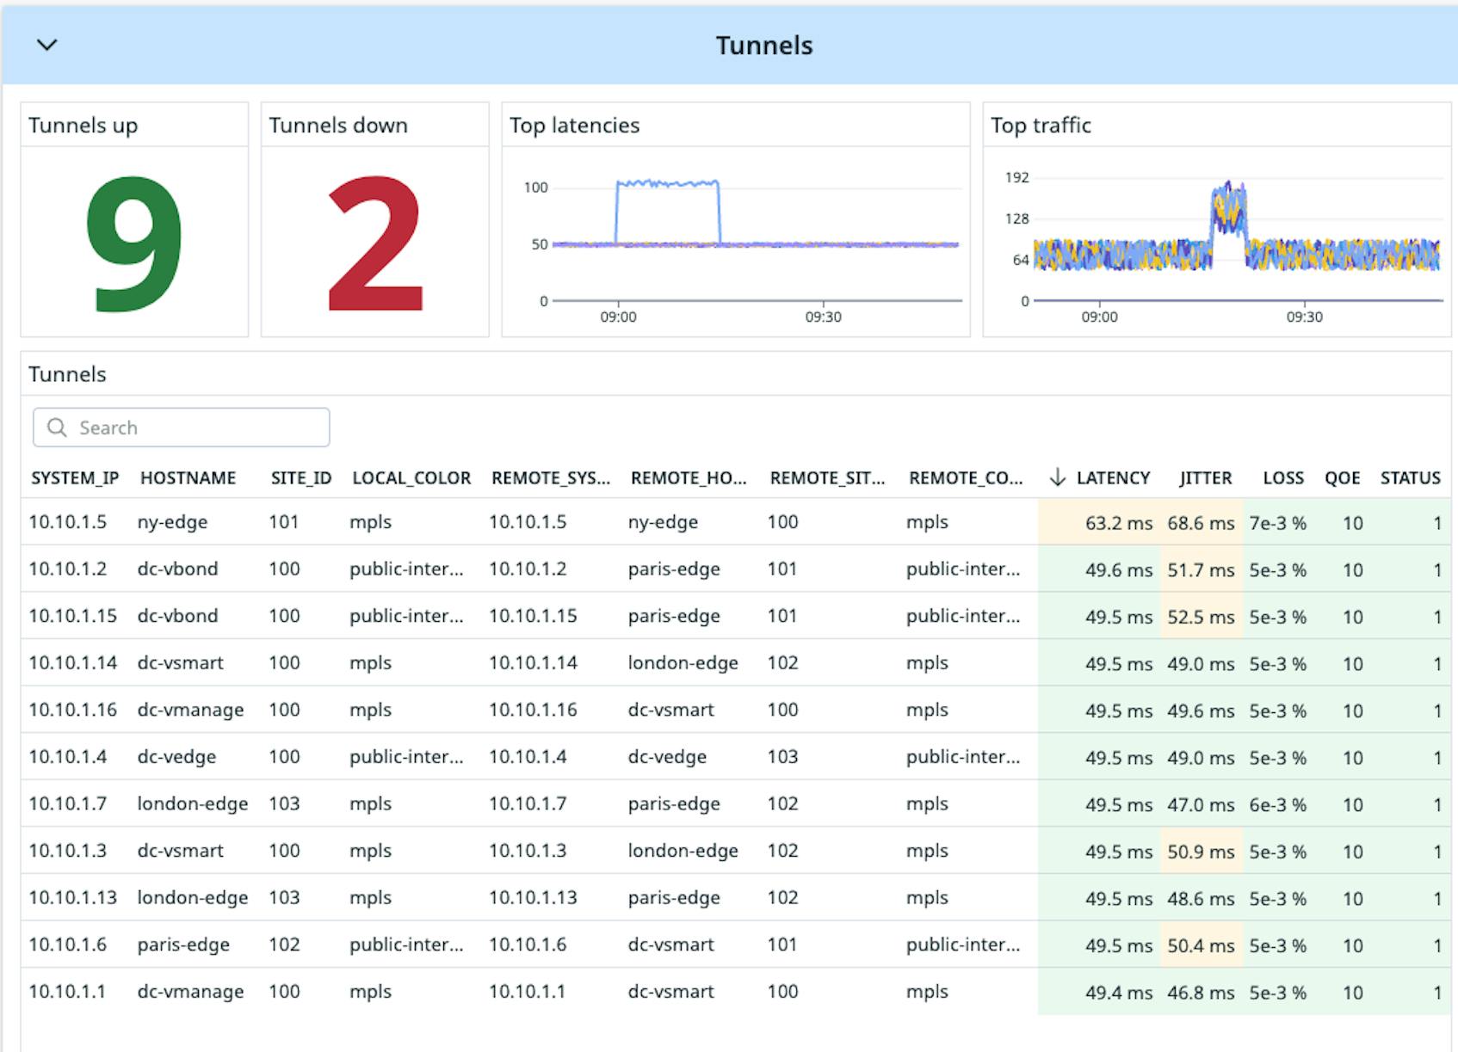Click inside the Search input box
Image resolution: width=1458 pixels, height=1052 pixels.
coord(198,428)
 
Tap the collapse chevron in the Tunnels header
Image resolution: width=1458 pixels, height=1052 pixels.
coord(47,45)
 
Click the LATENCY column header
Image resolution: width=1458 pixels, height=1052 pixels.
coord(1112,478)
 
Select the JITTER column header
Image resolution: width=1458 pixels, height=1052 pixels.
coord(1205,478)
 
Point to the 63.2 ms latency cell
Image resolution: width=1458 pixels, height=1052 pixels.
coord(1118,523)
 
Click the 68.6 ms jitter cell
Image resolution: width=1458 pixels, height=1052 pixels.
coord(1201,523)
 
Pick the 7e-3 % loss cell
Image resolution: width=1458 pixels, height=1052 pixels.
coord(1277,523)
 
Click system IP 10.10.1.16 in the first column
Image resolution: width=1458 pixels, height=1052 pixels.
coord(72,710)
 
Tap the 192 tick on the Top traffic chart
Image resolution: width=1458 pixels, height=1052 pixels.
coord(1016,178)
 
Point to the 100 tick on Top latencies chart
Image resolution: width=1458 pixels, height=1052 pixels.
coord(535,188)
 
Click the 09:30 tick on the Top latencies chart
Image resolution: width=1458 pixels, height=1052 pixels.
coord(823,317)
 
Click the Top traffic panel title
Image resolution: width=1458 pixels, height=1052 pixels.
coord(1041,126)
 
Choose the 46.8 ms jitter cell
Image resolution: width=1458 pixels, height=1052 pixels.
coord(1201,993)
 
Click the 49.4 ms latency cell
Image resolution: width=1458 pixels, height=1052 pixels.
coord(1118,993)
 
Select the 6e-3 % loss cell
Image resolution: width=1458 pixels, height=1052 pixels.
coord(1277,805)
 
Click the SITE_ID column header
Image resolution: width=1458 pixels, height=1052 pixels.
coord(300,478)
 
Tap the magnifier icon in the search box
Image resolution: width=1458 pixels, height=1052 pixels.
coord(57,428)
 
